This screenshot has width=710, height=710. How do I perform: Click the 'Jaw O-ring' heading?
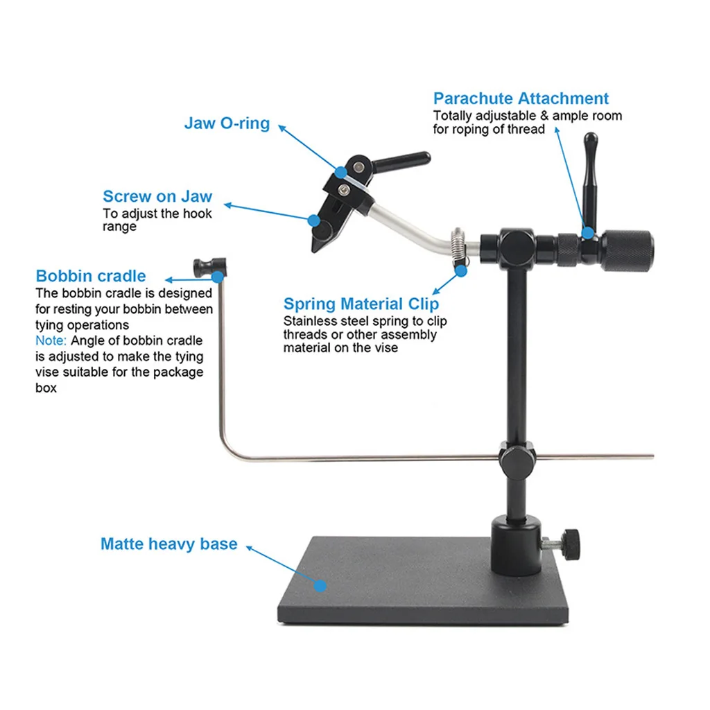pyautogui.click(x=227, y=123)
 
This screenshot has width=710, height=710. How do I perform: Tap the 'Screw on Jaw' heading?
pyautogui.click(x=157, y=196)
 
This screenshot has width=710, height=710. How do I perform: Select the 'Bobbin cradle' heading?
pyautogui.click(x=91, y=277)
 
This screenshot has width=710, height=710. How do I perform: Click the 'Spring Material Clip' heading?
pyautogui.click(x=361, y=304)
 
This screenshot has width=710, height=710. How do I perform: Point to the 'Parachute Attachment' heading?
pyautogui.click(x=521, y=98)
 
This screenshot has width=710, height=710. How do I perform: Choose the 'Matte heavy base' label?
pyautogui.click(x=168, y=544)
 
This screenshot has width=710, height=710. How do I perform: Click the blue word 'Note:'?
pyautogui.click(x=51, y=340)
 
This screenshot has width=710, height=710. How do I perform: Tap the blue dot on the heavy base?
pyautogui.click(x=320, y=585)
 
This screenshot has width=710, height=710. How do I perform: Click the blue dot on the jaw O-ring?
pyautogui.click(x=340, y=171)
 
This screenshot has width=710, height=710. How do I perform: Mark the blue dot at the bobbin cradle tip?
pyautogui.click(x=218, y=277)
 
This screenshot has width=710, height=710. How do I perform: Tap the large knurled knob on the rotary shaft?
pyautogui.click(x=628, y=251)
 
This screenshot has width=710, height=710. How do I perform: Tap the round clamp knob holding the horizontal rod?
pyautogui.click(x=513, y=457)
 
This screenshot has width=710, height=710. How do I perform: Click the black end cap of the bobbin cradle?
pyautogui.click(x=204, y=265)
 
